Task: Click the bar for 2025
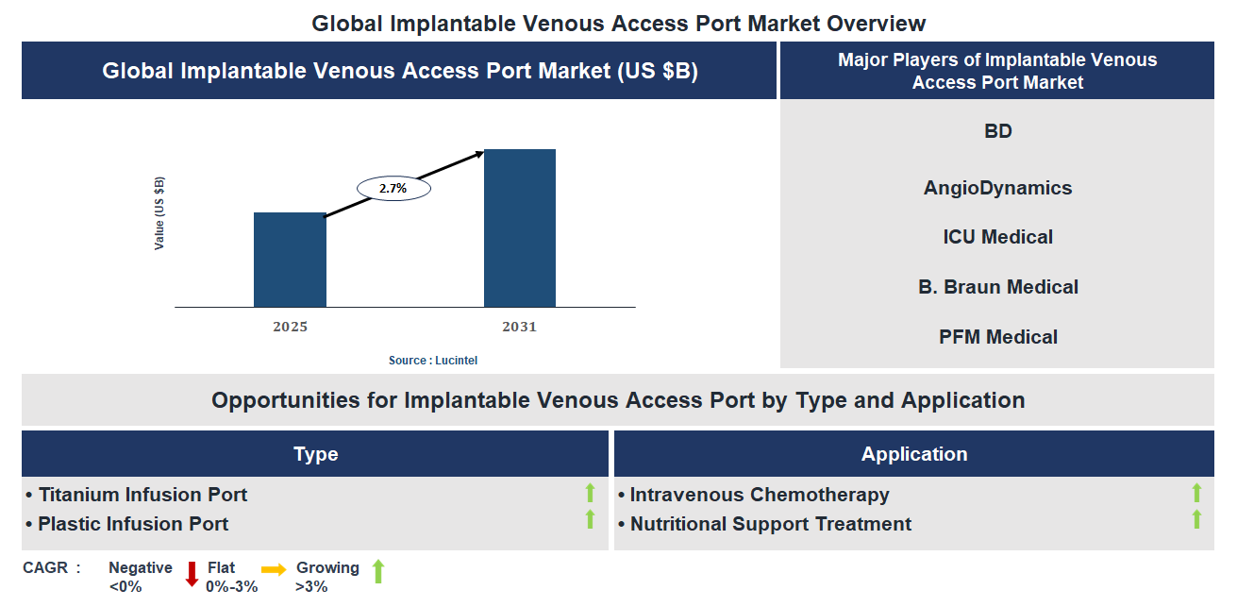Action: [290, 260]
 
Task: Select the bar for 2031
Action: [519, 228]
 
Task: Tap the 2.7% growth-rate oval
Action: [393, 189]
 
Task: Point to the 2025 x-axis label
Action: [290, 328]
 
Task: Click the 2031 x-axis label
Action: [519, 328]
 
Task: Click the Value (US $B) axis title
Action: [159, 213]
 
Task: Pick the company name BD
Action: [997, 131]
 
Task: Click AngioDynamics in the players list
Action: [997, 188]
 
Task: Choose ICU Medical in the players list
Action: [997, 237]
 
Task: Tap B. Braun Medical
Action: [997, 287]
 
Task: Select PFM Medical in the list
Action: [997, 337]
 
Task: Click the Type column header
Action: [315, 454]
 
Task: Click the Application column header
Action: [913, 454]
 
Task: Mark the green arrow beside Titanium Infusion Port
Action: [591, 492]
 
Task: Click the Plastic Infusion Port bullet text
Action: [133, 524]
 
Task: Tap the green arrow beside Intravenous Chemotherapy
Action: [1196, 492]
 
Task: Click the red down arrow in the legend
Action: [192, 574]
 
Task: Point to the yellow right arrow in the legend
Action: [274, 569]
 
